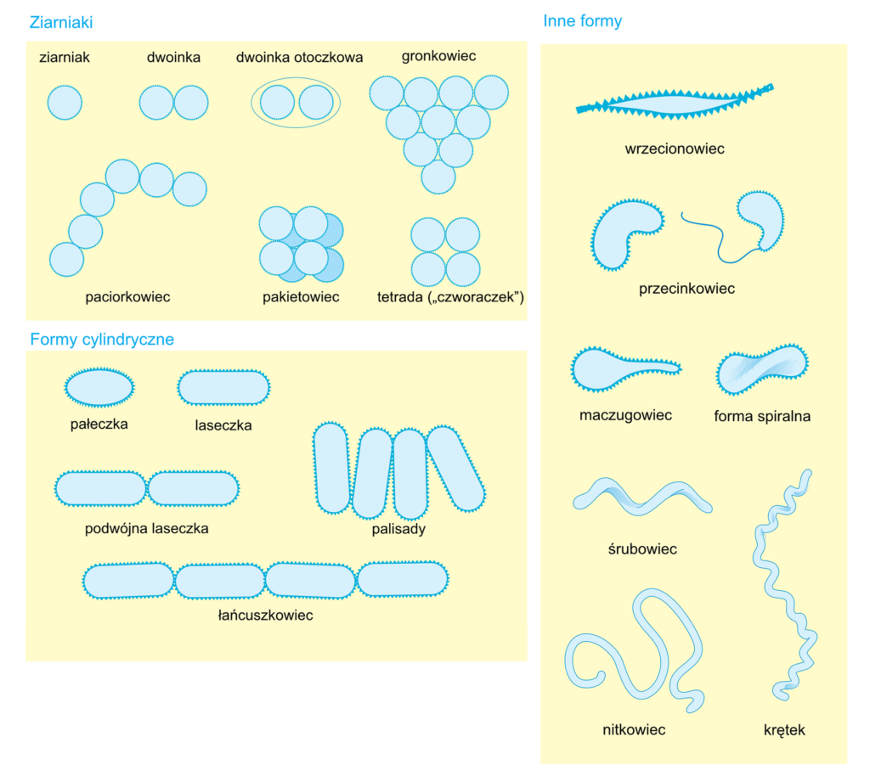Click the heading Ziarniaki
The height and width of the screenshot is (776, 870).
pos(60,23)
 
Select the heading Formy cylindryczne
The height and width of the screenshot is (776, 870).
pos(102,340)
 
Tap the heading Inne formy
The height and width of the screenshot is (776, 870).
pos(582,21)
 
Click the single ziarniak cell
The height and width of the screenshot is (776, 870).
pos(65,103)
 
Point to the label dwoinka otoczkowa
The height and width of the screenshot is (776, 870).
pos(299,58)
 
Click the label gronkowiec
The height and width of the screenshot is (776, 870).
pos(438,56)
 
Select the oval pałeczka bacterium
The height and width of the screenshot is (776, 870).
pos(99,387)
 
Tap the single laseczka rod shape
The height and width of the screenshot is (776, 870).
pos(223,387)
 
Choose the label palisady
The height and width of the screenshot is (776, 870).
pos(398,529)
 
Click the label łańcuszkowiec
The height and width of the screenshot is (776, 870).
pos(265,615)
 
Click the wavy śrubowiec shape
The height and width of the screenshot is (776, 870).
pos(641,495)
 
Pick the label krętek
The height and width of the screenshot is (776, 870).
pos(783,729)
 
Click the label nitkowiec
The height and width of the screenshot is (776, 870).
pos(633,729)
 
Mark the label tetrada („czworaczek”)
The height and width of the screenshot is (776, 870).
pos(450,297)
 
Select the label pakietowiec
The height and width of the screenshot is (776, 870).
pos(301,297)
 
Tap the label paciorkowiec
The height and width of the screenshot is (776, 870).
pos(127,297)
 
